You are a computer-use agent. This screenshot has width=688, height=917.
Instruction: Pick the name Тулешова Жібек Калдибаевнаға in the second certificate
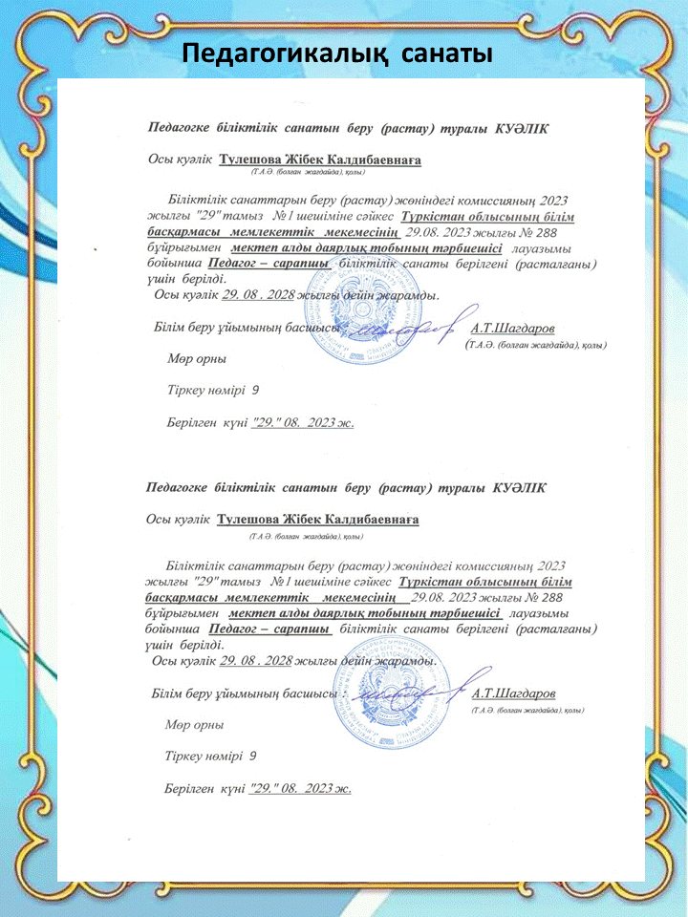(318, 520)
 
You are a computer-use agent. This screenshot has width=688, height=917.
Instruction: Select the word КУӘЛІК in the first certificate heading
(522, 127)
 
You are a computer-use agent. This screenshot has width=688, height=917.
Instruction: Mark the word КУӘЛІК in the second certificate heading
(520, 487)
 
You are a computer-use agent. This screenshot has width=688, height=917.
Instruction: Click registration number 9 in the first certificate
(255, 391)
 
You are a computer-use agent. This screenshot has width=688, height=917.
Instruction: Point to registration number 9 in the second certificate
(253, 756)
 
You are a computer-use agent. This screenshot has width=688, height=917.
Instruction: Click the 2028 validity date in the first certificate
(256, 296)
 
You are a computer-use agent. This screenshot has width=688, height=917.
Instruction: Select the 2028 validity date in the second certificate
(255, 660)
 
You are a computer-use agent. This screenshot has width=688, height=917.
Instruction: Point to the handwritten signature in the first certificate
(411, 330)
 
